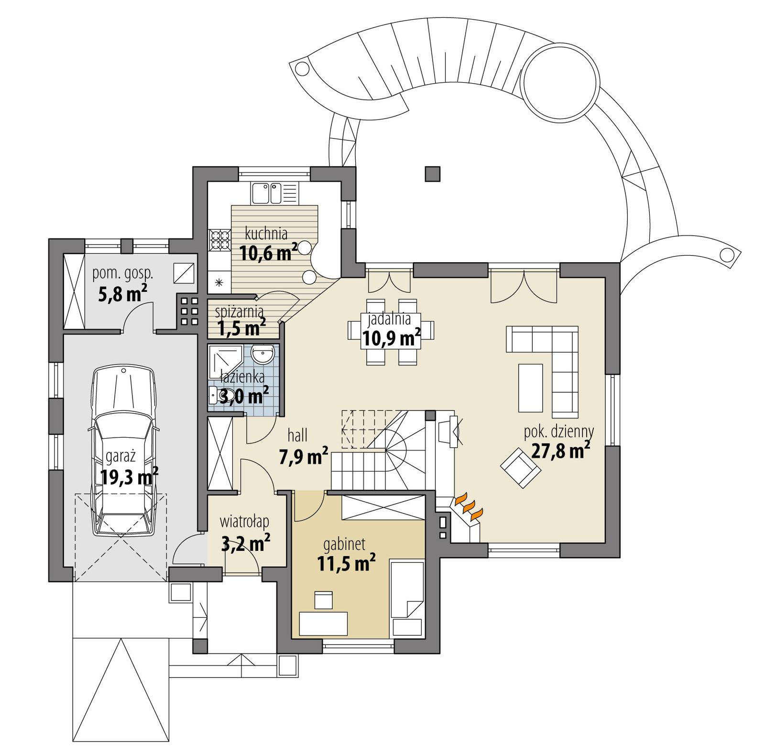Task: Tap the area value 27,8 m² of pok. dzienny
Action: tap(560, 450)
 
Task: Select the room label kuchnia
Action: tap(266, 234)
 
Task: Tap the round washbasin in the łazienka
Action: tap(263, 355)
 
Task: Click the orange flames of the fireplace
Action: tap(469, 507)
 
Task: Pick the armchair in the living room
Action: tap(521, 467)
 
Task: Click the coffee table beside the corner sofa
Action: tap(530, 387)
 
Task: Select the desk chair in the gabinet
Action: tap(323, 600)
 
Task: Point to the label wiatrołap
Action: tap(244, 521)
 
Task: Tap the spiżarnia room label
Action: tap(239, 312)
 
